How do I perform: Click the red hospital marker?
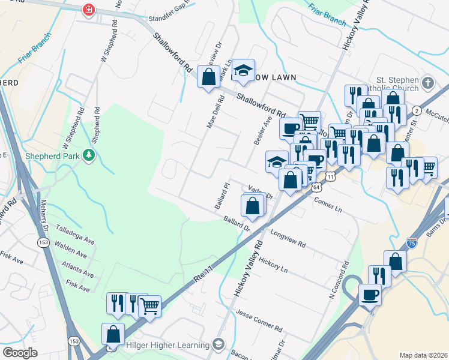(89, 10)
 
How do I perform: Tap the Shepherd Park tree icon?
(89, 155)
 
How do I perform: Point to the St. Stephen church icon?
(427, 82)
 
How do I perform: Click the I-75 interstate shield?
(411, 242)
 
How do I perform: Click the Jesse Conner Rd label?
(259, 321)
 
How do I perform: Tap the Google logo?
(20, 353)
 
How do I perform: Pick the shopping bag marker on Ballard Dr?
(253, 205)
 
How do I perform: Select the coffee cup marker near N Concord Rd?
(370, 294)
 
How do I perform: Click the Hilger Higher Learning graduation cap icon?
(218, 344)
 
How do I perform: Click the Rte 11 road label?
(203, 274)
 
